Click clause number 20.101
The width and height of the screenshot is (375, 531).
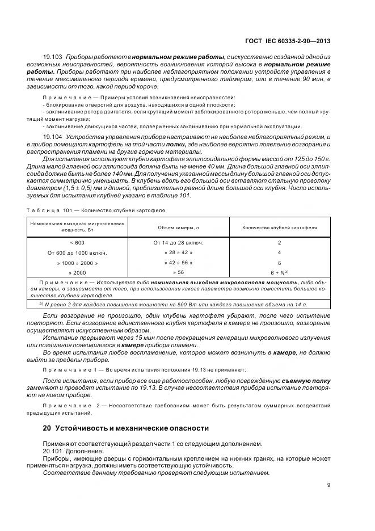coord(53,451)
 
